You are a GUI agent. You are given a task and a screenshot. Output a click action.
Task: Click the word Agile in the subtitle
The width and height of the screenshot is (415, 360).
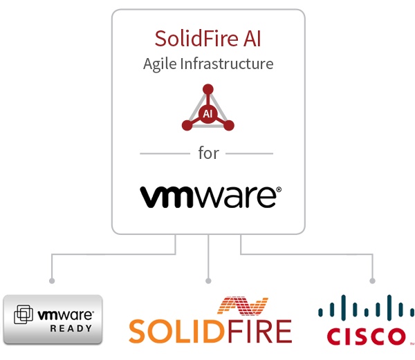160,64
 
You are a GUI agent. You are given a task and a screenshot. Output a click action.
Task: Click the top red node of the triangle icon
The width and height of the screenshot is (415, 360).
207,89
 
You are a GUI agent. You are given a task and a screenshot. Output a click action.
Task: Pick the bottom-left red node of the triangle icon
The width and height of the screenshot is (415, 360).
186,126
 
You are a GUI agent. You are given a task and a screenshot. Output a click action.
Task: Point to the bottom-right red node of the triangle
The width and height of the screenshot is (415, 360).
229,126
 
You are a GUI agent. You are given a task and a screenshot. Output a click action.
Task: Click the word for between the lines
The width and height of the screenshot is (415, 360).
208,153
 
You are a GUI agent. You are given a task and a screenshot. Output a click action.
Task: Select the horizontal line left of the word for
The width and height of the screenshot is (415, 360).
165,153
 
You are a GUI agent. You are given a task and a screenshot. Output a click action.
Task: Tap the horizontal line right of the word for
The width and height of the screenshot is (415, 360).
249,153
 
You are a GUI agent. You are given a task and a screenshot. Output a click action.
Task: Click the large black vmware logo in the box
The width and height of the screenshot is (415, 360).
207,196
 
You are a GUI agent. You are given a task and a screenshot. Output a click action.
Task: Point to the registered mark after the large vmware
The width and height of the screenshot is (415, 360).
278,189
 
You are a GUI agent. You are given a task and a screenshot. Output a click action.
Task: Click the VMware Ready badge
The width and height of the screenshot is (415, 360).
53,319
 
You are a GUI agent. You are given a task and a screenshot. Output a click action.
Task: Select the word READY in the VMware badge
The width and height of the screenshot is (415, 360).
71,329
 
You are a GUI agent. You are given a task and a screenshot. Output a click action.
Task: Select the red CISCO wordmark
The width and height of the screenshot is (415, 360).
366,337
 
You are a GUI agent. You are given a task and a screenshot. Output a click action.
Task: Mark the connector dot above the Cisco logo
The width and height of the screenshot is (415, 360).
373,281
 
